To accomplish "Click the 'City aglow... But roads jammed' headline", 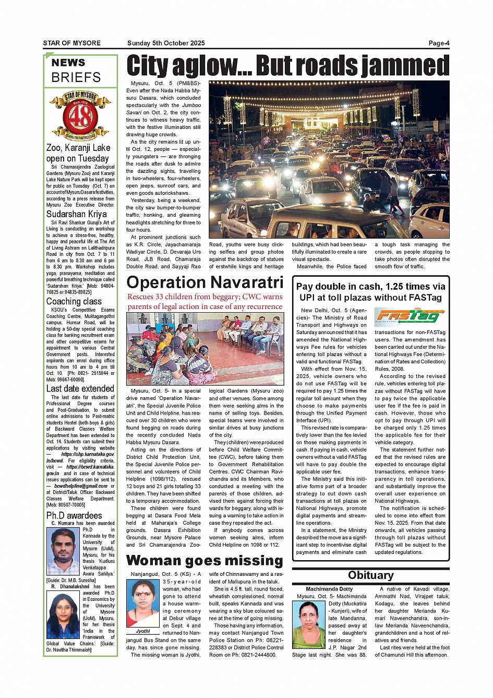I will (287, 66).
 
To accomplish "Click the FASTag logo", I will (409, 316).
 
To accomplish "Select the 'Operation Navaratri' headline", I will (205, 282).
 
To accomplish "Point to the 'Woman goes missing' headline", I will (205, 561).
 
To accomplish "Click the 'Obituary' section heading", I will (370, 575).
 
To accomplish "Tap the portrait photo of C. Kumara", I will (64, 551).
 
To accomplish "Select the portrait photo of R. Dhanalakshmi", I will (64, 615).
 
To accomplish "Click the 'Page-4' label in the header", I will (439, 43).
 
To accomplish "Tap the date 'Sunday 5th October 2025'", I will (166, 43).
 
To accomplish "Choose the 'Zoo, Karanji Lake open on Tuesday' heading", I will (78, 153).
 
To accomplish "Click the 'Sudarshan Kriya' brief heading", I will (76, 214).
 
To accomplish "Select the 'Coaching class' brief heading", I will (74, 301).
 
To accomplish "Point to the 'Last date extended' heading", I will (80, 389).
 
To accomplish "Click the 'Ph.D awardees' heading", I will (74, 515).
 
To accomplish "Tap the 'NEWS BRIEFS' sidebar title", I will (76, 70).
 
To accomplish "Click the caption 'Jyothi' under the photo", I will (143, 631).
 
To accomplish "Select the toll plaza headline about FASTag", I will (370, 292).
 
